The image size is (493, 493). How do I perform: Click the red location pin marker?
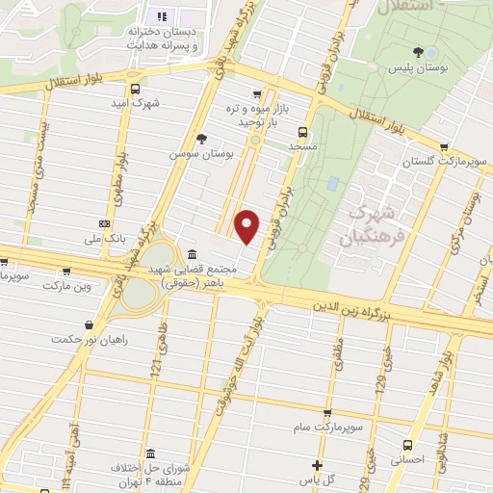coord(247,226)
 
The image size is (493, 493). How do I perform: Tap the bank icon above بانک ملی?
coord(105,223)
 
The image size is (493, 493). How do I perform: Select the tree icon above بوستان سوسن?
coord(200,139)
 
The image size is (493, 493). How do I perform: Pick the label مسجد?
coord(303,146)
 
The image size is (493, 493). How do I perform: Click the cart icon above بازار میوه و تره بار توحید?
coord(255,94)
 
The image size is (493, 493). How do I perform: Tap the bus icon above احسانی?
coord(408,445)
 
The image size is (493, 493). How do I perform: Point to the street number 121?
coord(154,364)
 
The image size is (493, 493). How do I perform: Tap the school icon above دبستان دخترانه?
coord(161,16)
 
